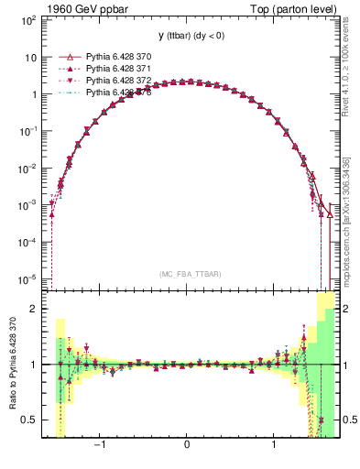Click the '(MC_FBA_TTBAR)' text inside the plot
[x=188, y=274]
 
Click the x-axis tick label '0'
[x=188, y=445]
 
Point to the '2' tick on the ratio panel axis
[x=33, y=309]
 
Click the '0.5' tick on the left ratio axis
[x=29, y=420]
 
